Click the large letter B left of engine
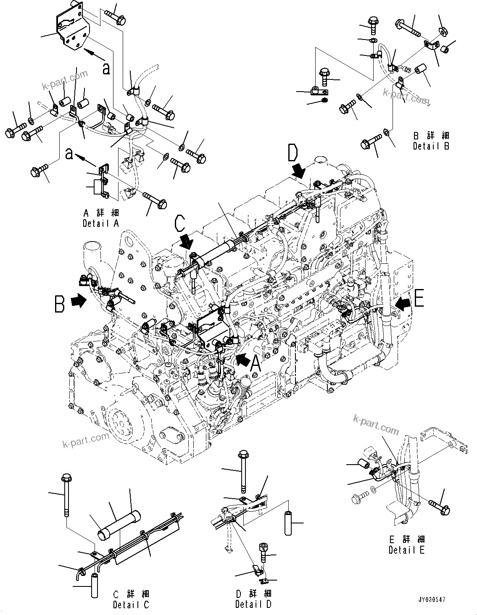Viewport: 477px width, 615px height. pyautogui.click(x=60, y=304)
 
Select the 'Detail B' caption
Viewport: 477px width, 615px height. pyautogui.click(x=431, y=146)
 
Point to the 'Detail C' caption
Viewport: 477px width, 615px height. pyautogui.click(x=131, y=604)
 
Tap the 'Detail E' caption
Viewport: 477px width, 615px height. pyautogui.click(x=407, y=550)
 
